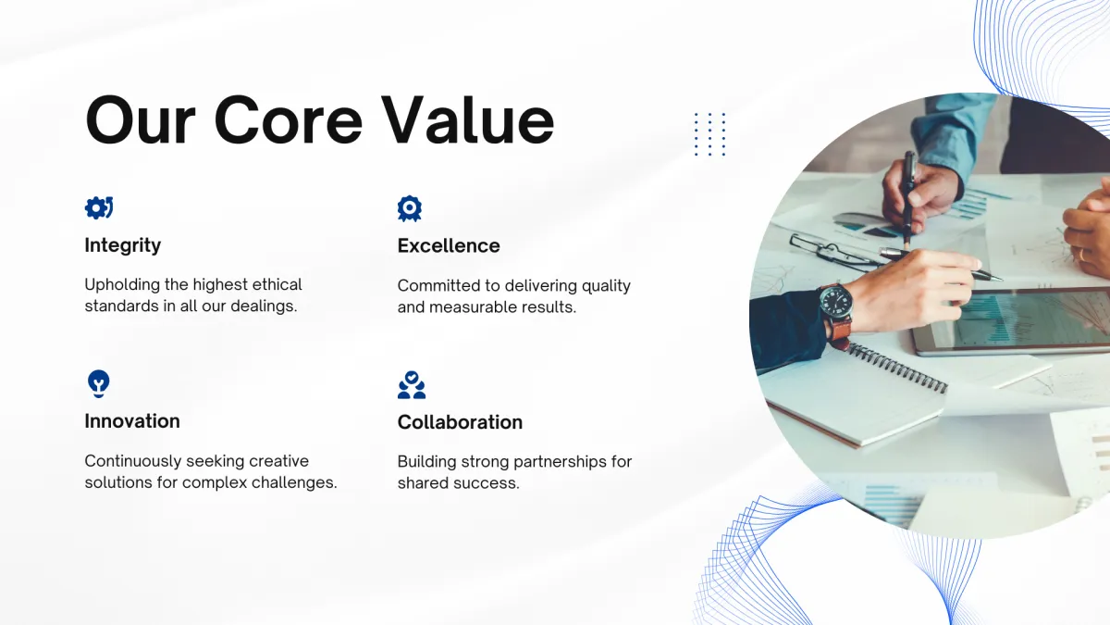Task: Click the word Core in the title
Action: point(289,120)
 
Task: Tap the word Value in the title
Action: point(468,120)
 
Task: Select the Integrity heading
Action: point(123,245)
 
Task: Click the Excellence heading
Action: point(449,245)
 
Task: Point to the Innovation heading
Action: point(132,421)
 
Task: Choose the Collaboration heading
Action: point(460,422)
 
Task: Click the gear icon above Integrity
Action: point(99,207)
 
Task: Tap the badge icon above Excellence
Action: point(409,208)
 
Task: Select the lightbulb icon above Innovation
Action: point(99,383)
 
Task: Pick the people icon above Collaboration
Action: point(412,385)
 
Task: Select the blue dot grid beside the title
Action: point(710,134)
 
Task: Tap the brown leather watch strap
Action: point(840,331)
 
